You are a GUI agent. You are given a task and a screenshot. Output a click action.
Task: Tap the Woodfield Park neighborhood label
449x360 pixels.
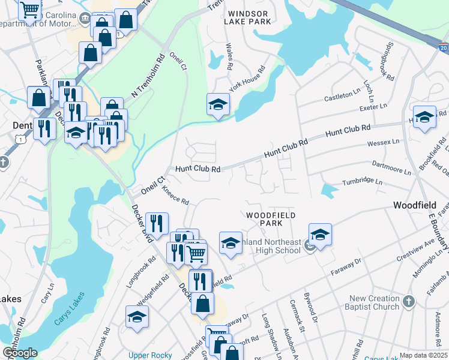tap(263, 218)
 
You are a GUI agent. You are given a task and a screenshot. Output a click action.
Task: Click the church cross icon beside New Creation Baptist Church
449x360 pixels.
tap(408, 301)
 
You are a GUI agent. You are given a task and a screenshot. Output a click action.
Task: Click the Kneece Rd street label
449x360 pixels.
tap(175, 195)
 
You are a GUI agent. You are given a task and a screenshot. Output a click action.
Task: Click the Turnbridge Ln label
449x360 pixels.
tap(362, 181)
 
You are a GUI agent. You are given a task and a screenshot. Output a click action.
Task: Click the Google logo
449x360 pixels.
tap(20, 353)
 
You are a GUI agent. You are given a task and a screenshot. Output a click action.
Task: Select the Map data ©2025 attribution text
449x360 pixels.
tap(424, 355)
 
